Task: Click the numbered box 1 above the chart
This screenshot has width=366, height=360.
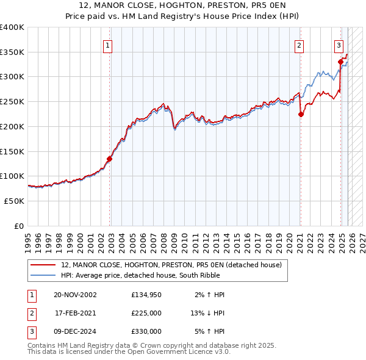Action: (x=107, y=45)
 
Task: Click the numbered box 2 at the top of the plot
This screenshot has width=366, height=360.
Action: (x=300, y=45)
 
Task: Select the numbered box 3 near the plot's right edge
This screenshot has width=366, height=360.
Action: (x=339, y=45)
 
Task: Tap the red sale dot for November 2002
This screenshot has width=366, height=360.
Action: (x=110, y=159)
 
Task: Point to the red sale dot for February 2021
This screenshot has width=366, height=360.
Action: (x=301, y=114)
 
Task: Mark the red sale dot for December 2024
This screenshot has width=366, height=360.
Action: (x=340, y=62)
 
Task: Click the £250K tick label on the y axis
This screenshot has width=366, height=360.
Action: (x=12, y=101)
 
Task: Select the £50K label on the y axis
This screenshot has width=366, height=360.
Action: (x=14, y=200)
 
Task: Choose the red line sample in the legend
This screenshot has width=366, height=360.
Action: (x=43, y=265)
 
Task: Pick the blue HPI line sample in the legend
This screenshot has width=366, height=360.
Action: (x=43, y=275)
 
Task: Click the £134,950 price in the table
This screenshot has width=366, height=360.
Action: (x=146, y=295)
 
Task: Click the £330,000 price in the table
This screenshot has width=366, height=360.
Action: (x=146, y=331)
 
